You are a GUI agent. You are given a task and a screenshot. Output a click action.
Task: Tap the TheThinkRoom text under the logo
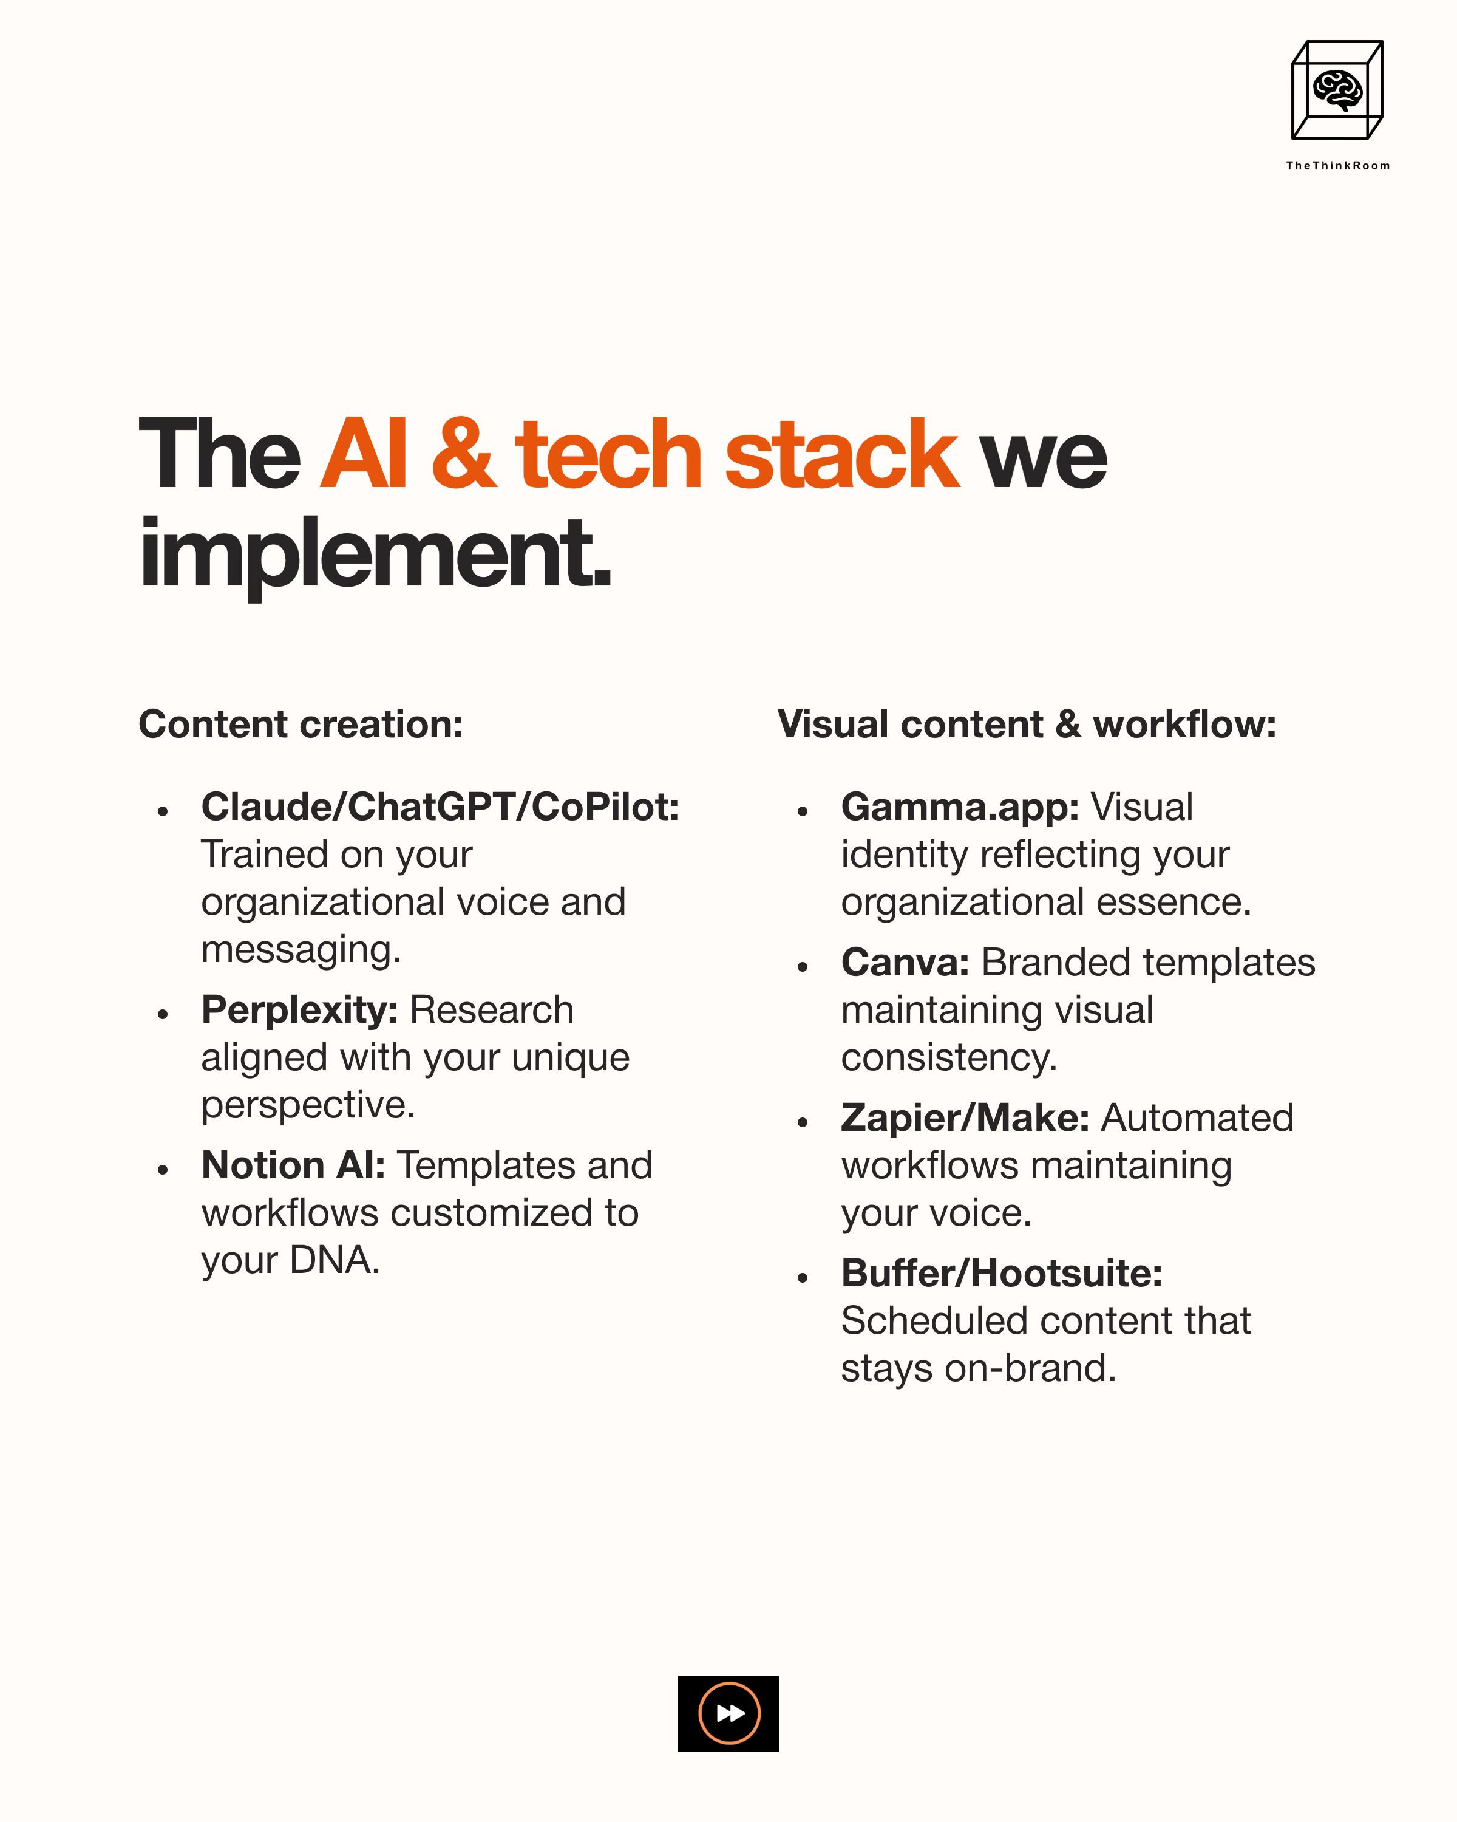tap(1337, 166)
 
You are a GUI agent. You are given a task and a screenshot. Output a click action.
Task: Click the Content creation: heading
tap(301, 724)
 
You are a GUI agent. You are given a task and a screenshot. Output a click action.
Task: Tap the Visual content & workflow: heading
tap(1026, 724)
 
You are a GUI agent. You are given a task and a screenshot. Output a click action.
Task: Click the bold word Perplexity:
tap(299, 1010)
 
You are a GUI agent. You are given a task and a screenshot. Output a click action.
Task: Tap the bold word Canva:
tap(905, 963)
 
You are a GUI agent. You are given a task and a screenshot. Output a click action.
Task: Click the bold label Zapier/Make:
tap(965, 1118)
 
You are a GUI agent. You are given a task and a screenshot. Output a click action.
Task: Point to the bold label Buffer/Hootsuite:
tap(1002, 1274)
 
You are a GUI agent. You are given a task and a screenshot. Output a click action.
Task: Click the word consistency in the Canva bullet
tap(948, 1057)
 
